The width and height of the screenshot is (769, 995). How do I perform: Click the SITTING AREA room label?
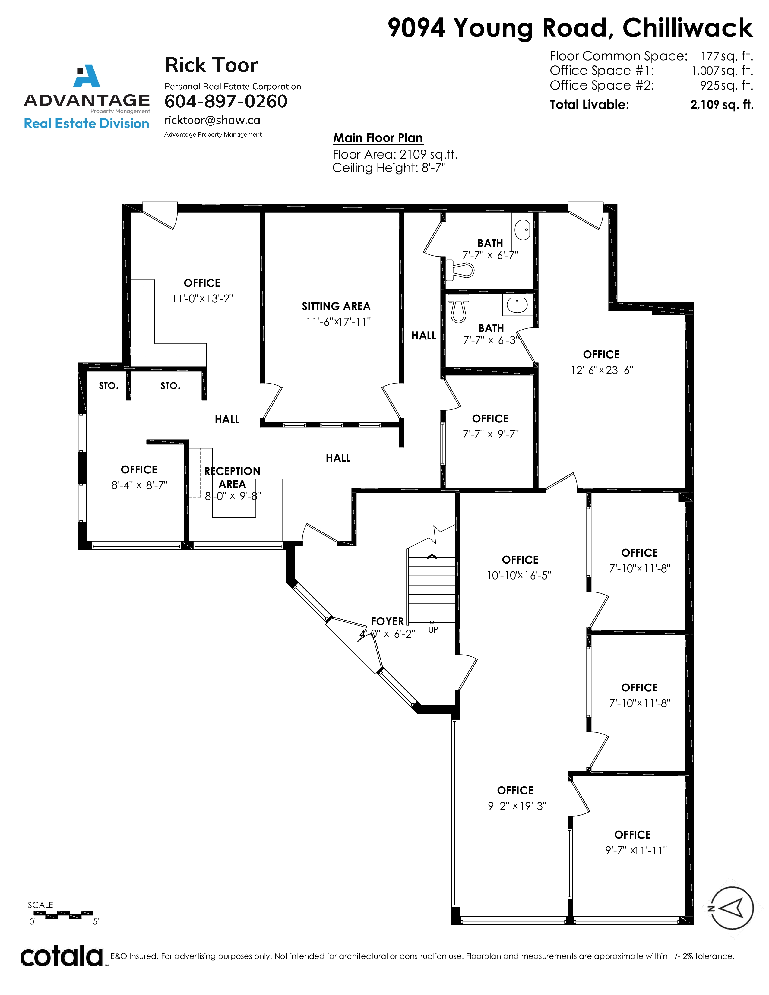336,306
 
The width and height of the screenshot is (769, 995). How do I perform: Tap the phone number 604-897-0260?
226,101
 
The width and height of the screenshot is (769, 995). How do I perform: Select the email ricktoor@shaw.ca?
212,120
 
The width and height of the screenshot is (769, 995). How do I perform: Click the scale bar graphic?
63,914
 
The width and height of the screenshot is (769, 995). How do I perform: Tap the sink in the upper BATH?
523,230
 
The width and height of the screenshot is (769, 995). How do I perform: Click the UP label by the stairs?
433,630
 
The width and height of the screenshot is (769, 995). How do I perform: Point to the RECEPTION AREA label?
232,478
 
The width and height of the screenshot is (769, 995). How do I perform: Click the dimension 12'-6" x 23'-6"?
602,370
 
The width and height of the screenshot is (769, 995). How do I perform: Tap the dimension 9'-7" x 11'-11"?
636,850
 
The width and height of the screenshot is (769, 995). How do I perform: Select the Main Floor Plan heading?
378,137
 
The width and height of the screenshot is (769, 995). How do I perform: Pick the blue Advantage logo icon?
87,76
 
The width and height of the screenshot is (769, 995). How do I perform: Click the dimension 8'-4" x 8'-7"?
139,485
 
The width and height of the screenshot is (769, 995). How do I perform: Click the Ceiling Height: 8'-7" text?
389,168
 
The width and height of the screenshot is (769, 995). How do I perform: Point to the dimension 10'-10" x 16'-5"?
519,575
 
